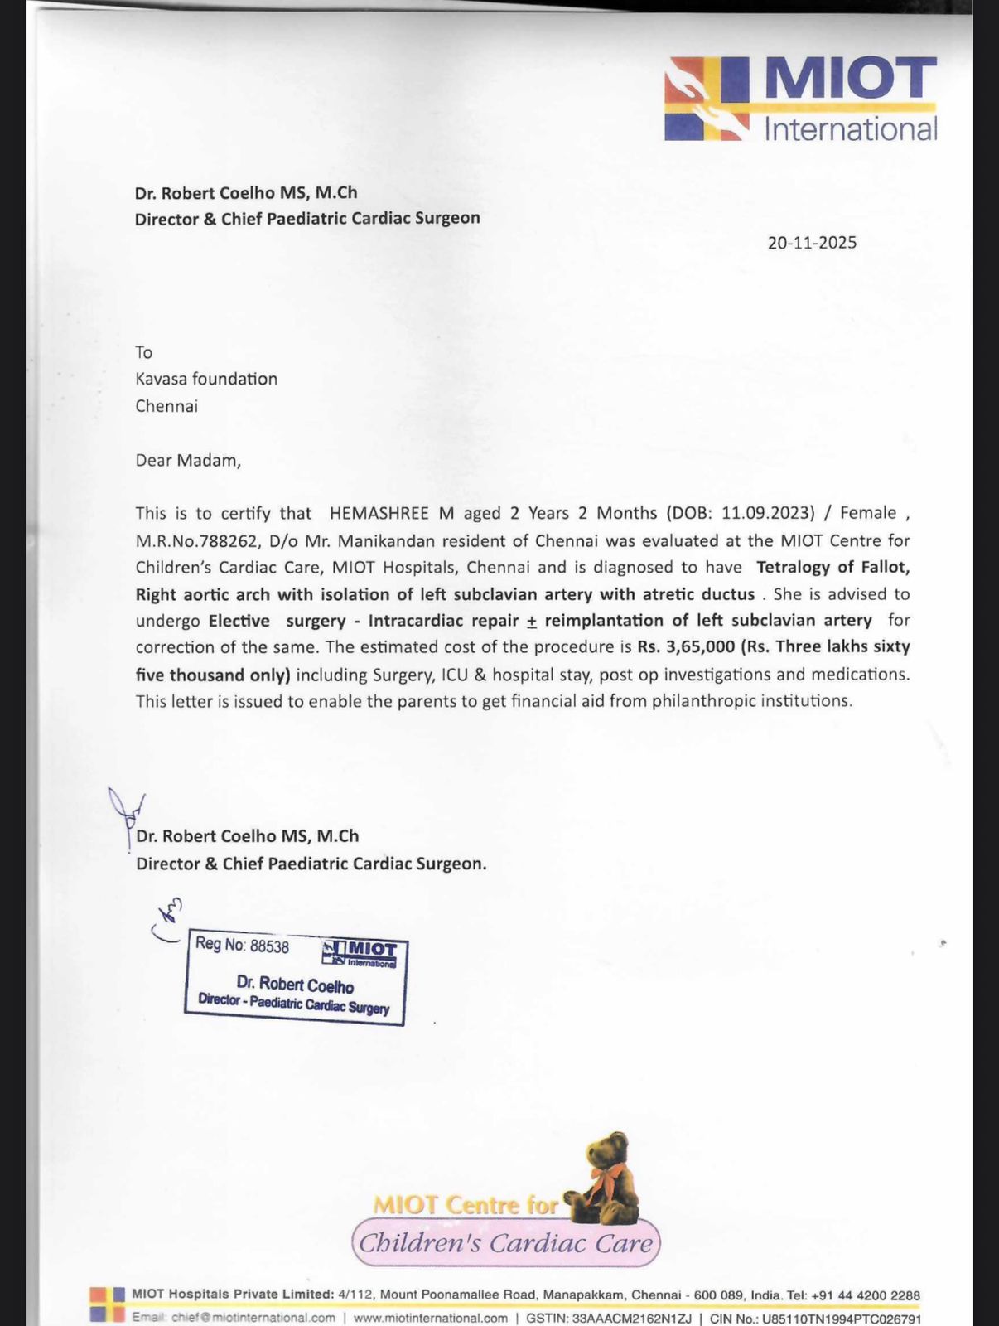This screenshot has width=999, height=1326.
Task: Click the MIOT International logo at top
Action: pos(800,99)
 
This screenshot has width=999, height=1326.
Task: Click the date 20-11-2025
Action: pos(812,243)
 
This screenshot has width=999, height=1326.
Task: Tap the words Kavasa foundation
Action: pos(206,379)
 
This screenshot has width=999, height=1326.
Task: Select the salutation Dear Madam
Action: pos(188,460)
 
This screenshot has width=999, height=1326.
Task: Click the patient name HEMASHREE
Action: pos(379,513)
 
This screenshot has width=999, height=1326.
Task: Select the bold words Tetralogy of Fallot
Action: pos(832,567)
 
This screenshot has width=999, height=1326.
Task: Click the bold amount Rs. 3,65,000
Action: pos(674,646)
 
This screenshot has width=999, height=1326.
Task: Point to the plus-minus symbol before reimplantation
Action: pos(532,621)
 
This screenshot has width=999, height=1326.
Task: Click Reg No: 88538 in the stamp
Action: pos(242,945)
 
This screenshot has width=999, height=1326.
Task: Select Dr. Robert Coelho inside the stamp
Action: pos(295,984)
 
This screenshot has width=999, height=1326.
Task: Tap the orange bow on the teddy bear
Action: pos(610,1176)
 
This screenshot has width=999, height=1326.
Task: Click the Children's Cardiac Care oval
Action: pos(505,1242)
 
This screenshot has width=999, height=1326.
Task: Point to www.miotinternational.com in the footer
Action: pos(431,1318)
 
